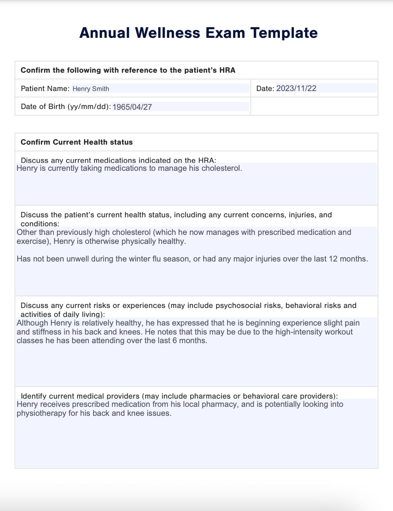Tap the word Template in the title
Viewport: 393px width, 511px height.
tap(284, 33)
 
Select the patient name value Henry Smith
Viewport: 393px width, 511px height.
tap(91, 89)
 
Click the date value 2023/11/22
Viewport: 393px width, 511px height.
tap(296, 88)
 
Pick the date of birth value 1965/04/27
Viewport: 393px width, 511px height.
tap(132, 107)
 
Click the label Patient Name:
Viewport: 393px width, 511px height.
tap(45, 88)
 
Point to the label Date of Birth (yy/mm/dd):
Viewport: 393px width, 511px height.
tap(65, 106)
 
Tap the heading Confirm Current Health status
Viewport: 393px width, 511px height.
tap(77, 142)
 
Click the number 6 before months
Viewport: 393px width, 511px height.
tap(175, 341)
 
